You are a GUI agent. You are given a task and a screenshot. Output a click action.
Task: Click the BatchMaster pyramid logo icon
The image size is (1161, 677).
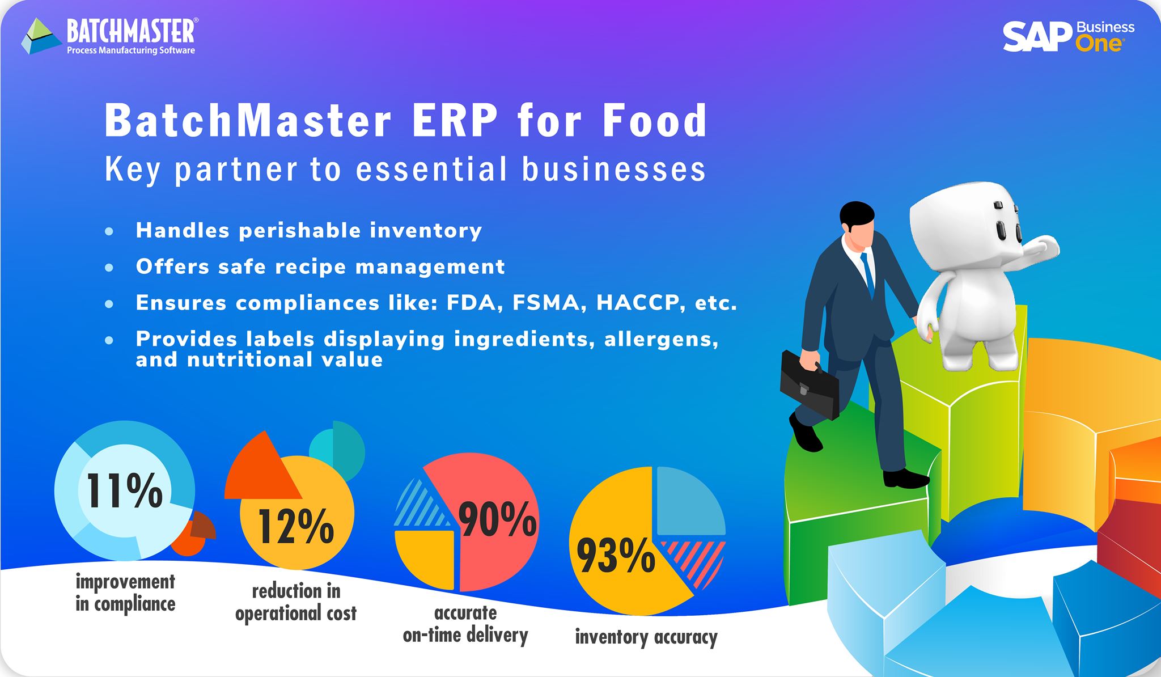click(41, 36)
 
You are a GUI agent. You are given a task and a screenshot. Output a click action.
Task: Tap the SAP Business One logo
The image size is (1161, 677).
click(1069, 36)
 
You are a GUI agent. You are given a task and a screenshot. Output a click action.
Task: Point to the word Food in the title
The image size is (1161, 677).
click(655, 121)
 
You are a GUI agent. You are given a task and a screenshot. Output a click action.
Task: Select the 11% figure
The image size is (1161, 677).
click(124, 490)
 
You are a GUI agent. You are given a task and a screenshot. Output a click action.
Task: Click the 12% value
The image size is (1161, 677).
click(296, 526)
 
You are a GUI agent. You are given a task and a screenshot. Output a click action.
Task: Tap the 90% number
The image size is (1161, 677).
click(498, 519)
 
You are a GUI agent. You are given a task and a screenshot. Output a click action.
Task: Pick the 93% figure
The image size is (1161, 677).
click(616, 556)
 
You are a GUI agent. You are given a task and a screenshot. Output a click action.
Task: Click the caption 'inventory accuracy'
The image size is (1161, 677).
click(646, 637)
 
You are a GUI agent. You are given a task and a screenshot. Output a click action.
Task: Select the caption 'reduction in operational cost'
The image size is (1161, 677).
click(296, 602)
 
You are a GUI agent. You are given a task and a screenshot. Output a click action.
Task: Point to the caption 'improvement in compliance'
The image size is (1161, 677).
click(125, 593)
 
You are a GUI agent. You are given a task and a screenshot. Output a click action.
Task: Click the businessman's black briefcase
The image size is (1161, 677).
click(810, 384)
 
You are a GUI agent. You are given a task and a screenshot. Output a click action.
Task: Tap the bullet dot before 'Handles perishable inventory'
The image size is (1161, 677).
click(109, 231)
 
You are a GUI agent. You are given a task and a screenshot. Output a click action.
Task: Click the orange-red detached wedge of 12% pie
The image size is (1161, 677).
click(261, 469)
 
